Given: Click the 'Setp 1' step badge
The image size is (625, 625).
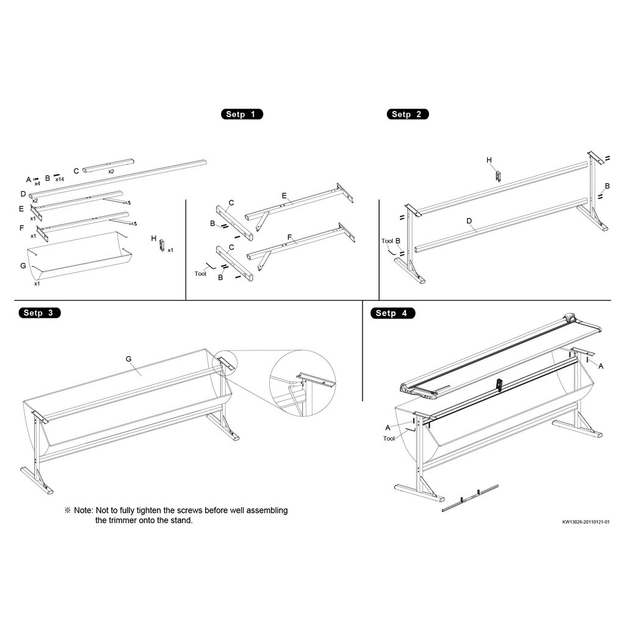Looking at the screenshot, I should tap(241, 114).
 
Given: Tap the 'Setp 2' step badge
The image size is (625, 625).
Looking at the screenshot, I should tap(407, 114).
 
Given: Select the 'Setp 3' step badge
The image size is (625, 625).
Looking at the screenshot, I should tap(38, 313).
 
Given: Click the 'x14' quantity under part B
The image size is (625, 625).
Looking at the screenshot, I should tap(60, 179).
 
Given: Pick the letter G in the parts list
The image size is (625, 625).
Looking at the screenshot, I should tap(23, 266).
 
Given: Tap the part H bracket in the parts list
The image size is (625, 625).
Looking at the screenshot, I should tap(162, 245).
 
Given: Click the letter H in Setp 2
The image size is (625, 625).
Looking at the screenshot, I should tap(489, 160).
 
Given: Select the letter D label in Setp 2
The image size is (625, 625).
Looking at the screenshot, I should tap(469, 221).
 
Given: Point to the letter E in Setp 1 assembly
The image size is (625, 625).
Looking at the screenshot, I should tap(284, 195).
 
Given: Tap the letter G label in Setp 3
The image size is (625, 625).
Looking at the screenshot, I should tap(129, 359).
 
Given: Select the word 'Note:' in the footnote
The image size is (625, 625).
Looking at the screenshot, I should tap(84, 510).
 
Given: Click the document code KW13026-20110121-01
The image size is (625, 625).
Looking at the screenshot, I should tap(586, 522).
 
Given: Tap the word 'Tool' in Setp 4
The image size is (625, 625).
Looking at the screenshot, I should tap(389, 438).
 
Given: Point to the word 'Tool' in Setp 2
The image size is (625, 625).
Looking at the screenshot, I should tap(388, 241).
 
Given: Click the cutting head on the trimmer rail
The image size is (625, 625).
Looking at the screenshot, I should tap(569, 318).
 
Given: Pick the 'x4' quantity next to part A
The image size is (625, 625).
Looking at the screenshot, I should tap(37, 183).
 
